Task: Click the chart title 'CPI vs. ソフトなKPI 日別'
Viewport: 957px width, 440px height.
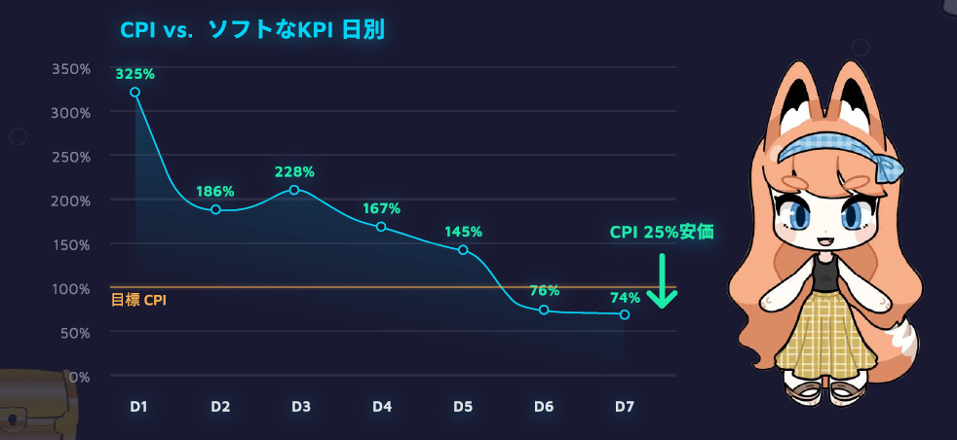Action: (x=257, y=31)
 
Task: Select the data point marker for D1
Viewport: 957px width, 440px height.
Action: (x=135, y=92)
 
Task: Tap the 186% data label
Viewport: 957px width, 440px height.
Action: (x=215, y=192)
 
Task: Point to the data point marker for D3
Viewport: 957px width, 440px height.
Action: (x=294, y=190)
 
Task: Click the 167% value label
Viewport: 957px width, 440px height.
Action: (x=381, y=208)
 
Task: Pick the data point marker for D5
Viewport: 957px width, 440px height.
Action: (x=463, y=250)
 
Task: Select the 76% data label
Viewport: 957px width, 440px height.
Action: (x=545, y=291)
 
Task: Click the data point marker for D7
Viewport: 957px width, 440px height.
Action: (x=625, y=314)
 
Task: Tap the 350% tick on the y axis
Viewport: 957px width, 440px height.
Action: (x=71, y=69)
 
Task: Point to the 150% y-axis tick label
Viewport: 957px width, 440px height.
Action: (x=71, y=244)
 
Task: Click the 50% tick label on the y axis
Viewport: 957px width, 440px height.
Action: (x=75, y=332)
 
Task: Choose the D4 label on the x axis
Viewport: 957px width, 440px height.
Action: (x=382, y=406)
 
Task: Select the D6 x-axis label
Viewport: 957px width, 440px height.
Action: (x=545, y=406)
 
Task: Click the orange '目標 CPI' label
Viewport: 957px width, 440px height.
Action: (x=138, y=301)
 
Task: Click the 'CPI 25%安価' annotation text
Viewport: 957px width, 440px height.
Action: (x=662, y=233)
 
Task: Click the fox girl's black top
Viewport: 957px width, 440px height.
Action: (x=825, y=275)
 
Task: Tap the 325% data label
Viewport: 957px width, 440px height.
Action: (x=134, y=74)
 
